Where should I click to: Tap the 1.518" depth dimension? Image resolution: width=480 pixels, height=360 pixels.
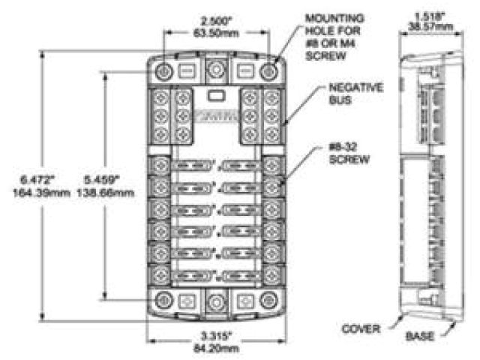[x=427, y=13]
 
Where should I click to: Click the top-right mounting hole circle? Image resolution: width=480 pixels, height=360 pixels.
[x=268, y=72]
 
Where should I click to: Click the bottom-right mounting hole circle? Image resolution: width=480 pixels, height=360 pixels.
[x=268, y=300]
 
